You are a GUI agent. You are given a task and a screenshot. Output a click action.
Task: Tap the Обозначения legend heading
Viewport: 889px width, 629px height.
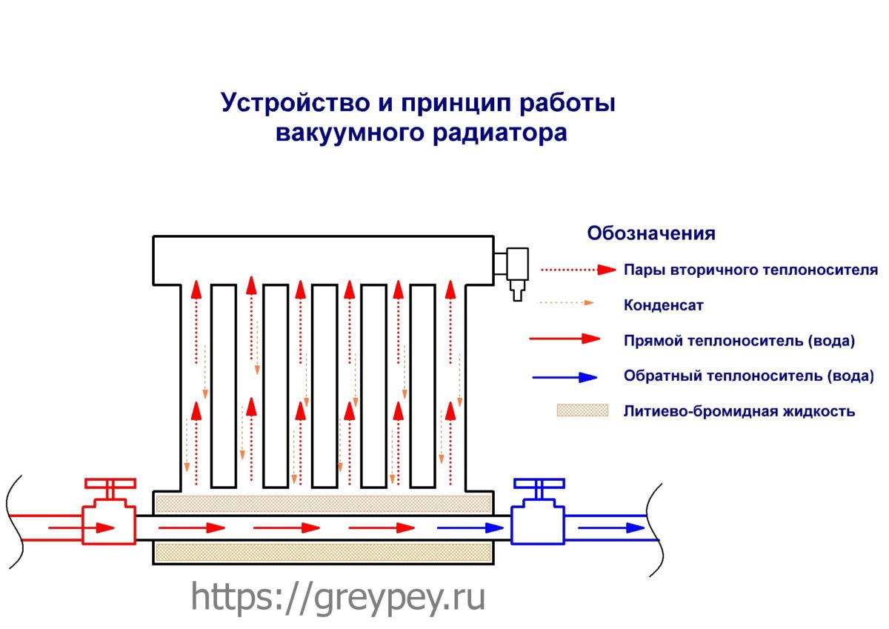point(651,233)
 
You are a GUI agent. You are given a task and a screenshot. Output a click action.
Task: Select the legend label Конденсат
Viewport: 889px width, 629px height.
point(663,305)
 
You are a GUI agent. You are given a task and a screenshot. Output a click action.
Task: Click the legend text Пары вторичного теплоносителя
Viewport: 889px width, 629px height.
point(750,270)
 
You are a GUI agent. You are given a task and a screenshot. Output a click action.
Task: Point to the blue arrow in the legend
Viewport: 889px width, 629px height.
point(565,377)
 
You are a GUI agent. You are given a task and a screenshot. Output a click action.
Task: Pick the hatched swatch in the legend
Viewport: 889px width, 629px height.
point(582,410)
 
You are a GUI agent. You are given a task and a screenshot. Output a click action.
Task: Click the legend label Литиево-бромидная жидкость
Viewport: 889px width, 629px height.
point(739,411)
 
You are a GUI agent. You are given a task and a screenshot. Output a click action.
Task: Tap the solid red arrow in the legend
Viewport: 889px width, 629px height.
point(565,339)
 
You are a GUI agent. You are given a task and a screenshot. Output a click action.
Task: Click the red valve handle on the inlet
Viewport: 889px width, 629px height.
point(110,483)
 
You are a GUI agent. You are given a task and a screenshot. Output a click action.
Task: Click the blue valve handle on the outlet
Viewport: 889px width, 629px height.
point(539,483)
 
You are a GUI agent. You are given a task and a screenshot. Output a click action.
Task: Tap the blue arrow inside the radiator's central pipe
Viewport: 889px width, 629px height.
point(470,528)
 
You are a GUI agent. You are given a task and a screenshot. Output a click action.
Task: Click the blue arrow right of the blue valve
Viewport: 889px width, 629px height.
point(611,528)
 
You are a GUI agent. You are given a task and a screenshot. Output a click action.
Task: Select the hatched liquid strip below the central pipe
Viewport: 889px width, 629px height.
point(324,553)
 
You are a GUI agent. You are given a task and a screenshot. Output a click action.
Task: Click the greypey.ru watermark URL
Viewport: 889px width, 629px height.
point(338,596)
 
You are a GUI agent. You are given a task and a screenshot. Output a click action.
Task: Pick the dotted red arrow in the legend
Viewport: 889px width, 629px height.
point(579,270)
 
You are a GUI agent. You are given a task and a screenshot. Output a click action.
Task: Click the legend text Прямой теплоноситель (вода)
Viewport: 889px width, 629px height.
point(739,341)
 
